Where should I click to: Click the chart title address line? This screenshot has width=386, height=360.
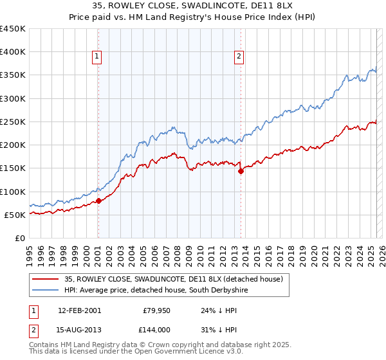[192, 7]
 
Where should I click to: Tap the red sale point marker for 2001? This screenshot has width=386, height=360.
[99, 201]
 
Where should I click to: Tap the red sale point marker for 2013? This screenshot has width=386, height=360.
[241, 171]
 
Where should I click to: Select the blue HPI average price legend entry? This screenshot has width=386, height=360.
[156, 291]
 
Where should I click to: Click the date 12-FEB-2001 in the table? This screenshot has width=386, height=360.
[79, 310]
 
